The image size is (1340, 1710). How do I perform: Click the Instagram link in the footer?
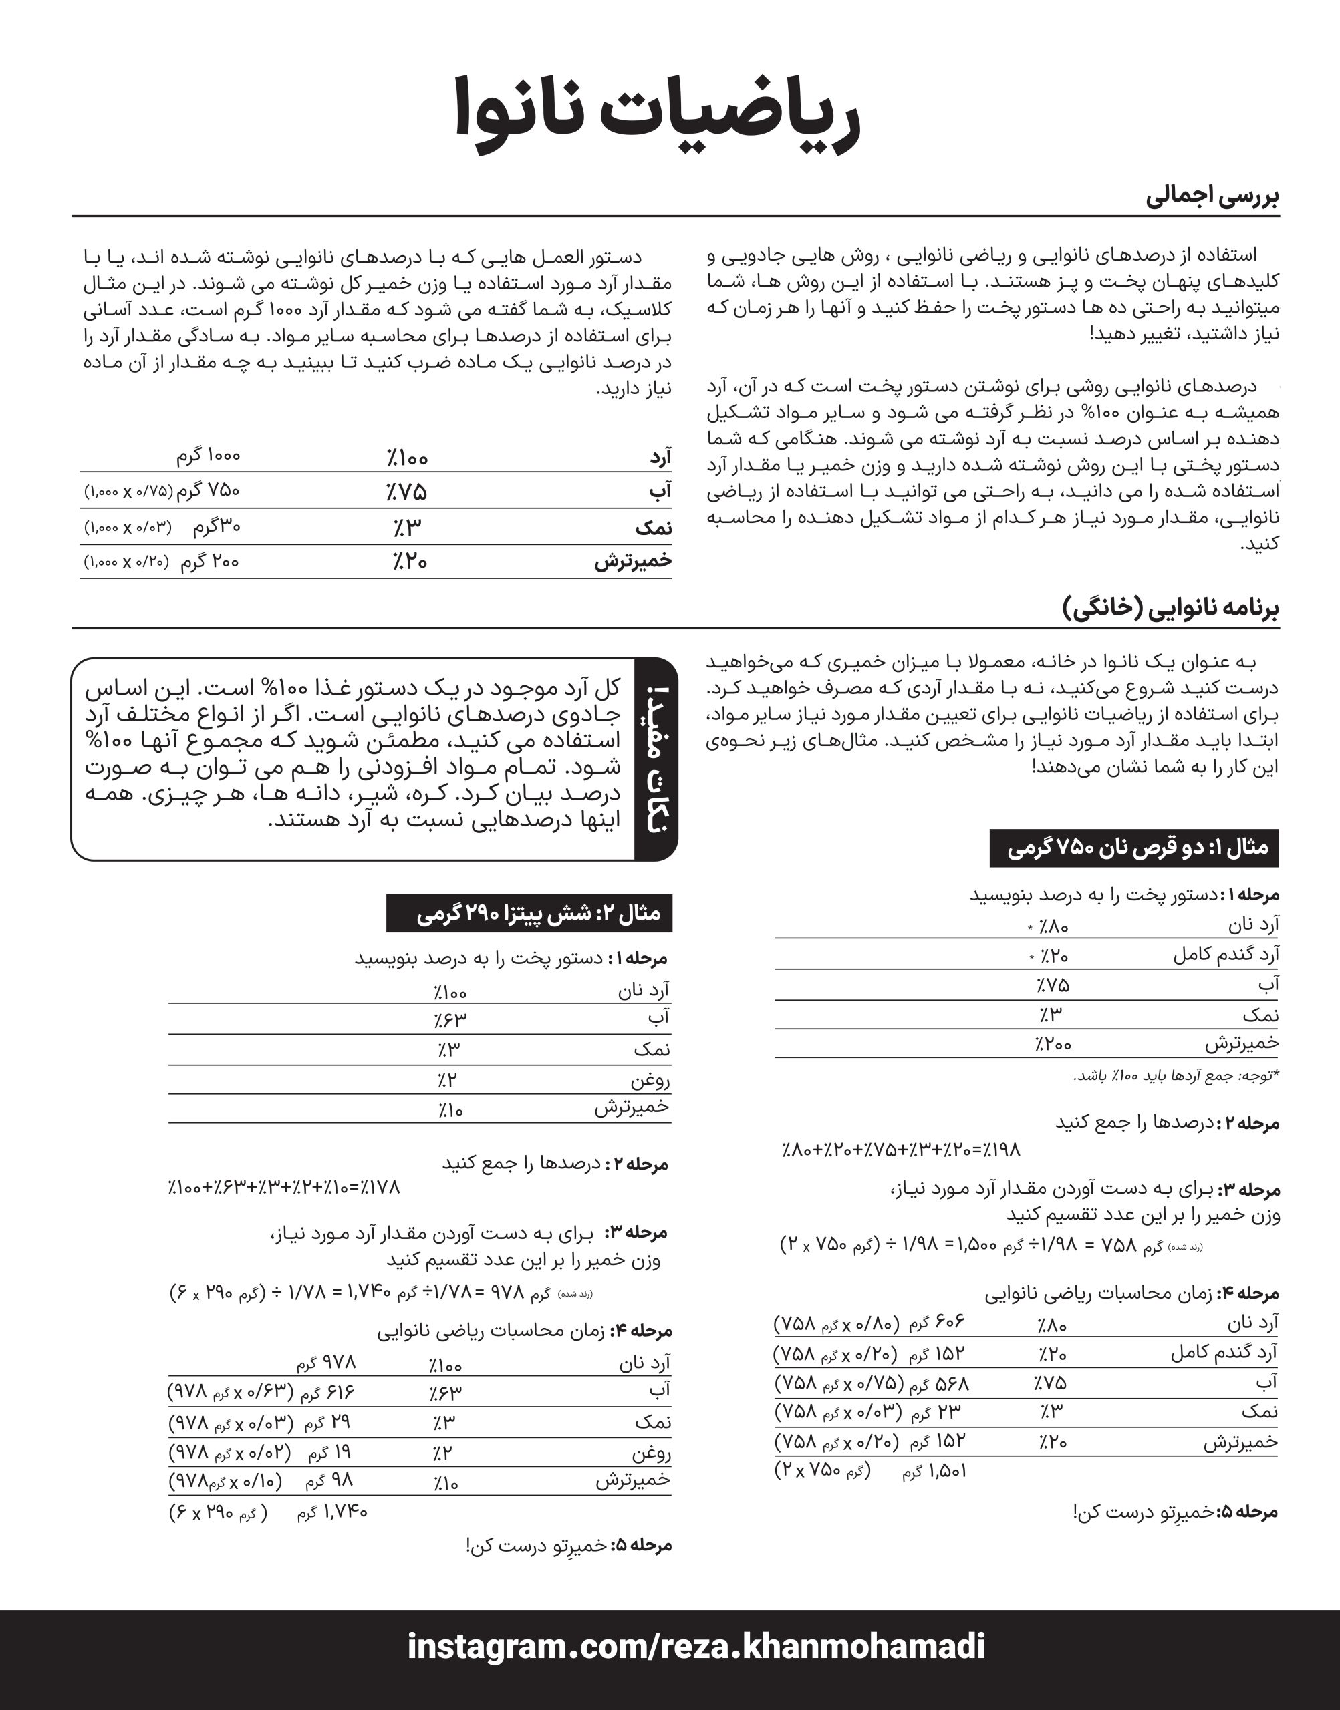click(696, 1645)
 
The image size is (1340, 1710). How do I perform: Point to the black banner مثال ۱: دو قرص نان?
click(1133, 848)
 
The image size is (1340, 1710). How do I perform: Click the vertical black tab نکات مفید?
click(656, 758)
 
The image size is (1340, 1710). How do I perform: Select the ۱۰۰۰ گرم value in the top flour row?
click(208, 456)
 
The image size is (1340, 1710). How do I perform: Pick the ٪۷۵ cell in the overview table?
click(406, 492)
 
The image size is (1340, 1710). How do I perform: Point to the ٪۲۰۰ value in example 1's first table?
click(1052, 1044)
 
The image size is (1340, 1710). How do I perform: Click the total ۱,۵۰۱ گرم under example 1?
click(934, 1471)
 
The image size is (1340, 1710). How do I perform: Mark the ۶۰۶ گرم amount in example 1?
click(937, 1322)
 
